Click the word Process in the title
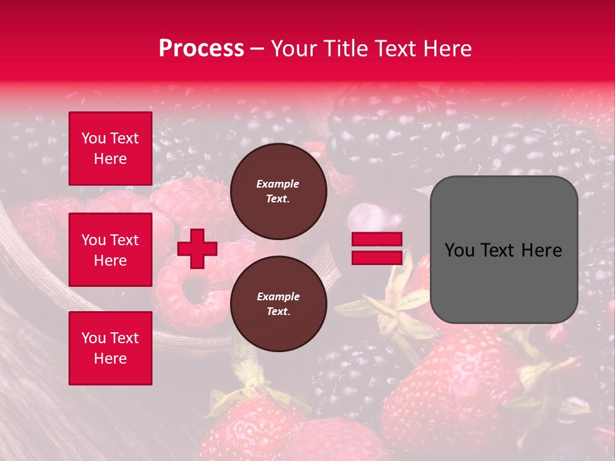[201, 49]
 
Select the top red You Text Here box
[110, 149]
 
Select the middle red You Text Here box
[110, 250]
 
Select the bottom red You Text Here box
[110, 348]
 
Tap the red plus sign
[197, 248]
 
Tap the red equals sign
[377, 248]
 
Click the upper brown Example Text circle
[279, 191]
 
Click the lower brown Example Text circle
[279, 304]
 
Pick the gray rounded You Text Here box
[504, 250]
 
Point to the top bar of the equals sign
[377, 239]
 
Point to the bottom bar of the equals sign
[377, 257]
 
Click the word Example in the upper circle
[277, 184]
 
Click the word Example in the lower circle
[278, 296]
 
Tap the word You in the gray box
[459, 250]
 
